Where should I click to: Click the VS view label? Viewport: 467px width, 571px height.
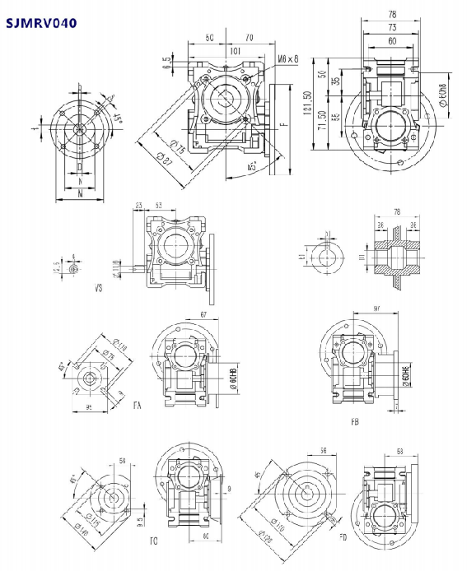point(99,290)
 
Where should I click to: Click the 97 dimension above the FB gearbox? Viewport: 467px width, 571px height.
point(376,308)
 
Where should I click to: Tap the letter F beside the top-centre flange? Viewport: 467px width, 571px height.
point(283,125)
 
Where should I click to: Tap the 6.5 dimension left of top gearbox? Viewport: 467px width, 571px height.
point(168,60)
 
